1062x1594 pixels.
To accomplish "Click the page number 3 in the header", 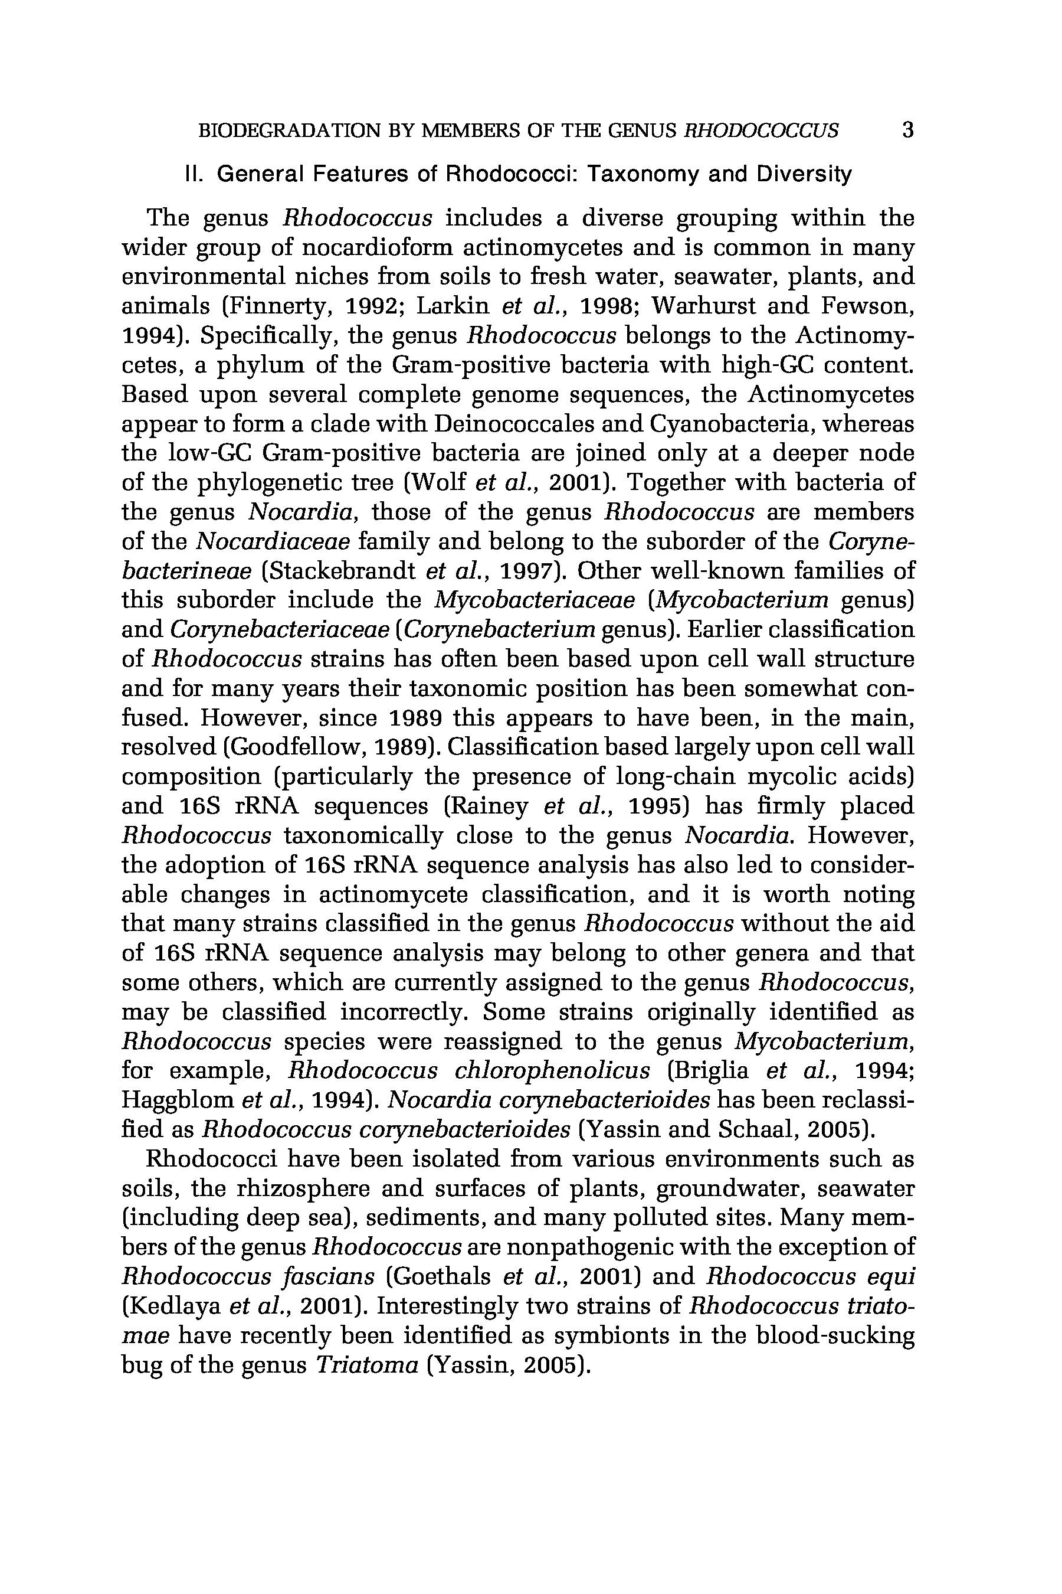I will pyautogui.click(x=907, y=129).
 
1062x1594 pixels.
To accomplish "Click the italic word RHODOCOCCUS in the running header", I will pyautogui.click(x=761, y=129).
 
